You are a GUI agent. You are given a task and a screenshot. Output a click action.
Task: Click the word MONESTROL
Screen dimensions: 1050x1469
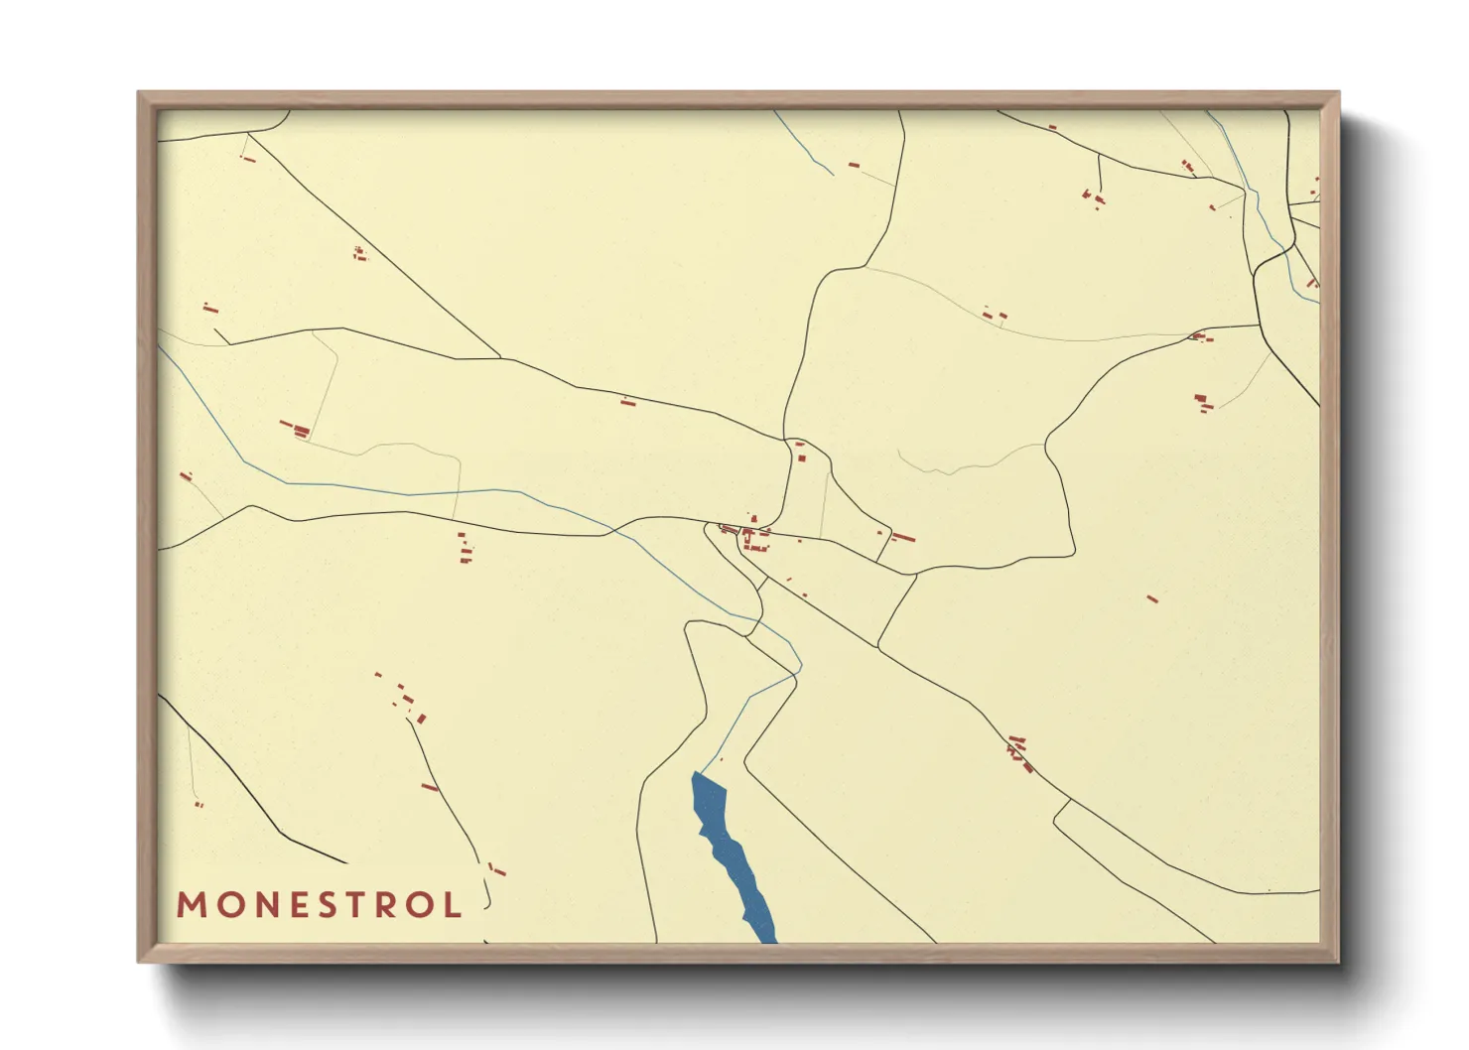coord(319,905)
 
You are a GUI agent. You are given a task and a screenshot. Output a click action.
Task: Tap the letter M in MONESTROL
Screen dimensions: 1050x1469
coord(190,905)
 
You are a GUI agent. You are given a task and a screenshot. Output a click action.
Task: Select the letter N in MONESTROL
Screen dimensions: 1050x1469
coord(255,905)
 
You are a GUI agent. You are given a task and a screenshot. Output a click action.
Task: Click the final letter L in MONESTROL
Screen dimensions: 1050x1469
coord(454,905)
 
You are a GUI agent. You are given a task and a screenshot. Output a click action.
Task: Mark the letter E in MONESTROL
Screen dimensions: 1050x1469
coord(287,905)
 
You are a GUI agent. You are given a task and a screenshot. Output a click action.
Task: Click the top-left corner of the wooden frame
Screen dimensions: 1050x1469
coord(139,92)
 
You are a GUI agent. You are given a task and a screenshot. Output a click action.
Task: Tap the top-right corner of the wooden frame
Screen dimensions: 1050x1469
coord(1339,92)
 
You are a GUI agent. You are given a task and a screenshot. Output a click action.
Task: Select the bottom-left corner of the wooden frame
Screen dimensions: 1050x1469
coord(139,961)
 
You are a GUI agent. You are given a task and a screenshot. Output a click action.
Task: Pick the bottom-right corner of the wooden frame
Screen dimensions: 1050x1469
coord(1339,961)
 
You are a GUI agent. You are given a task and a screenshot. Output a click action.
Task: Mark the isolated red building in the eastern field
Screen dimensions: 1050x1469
coord(1151,598)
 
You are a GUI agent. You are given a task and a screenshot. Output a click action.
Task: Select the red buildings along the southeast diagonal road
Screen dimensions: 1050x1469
coord(1019,754)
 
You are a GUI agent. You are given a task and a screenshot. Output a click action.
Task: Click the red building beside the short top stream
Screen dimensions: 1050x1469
coord(853,165)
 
